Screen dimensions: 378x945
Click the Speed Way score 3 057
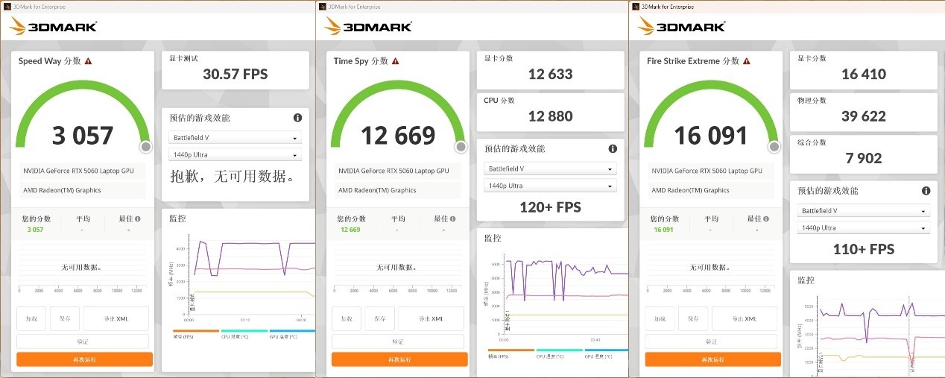[x=83, y=135]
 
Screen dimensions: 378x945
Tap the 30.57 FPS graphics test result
[x=235, y=74]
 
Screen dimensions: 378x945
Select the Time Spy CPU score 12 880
[x=550, y=116]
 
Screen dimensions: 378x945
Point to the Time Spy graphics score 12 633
[x=550, y=73]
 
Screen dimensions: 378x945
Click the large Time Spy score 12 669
[x=398, y=135]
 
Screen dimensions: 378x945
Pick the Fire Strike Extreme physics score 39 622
[x=863, y=116]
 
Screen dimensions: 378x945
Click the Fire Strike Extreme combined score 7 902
[x=863, y=157]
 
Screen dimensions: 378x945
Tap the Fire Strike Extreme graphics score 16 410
[x=863, y=73]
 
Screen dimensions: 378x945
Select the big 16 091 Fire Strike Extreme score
[x=710, y=135]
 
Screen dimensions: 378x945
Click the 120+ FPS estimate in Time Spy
[x=550, y=207]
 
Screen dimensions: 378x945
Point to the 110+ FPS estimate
[x=863, y=249]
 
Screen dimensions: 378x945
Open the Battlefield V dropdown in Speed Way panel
[x=236, y=138]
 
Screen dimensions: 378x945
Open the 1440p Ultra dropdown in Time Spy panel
[x=550, y=186]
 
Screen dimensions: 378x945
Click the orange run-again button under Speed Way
[x=84, y=359]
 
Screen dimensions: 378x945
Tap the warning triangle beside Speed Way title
[x=88, y=61]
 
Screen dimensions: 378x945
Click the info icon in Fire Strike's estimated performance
[x=926, y=191]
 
